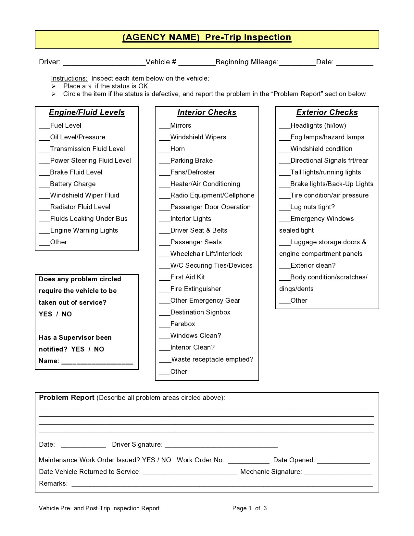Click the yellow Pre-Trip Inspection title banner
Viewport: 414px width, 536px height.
click(x=207, y=40)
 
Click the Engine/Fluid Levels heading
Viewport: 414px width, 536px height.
click(x=87, y=112)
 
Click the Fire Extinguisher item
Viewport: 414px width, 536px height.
click(x=195, y=289)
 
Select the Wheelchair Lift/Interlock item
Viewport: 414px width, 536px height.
click(x=206, y=254)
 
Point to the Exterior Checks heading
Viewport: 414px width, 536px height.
click(x=327, y=112)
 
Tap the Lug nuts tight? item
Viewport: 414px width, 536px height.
click(x=312, y=207)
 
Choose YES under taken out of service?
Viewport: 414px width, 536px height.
click(x=45, y=314)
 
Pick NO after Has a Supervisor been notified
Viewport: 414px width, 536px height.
click(x=99, y=349)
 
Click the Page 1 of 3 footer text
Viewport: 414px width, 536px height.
click(x=249, y=508)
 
